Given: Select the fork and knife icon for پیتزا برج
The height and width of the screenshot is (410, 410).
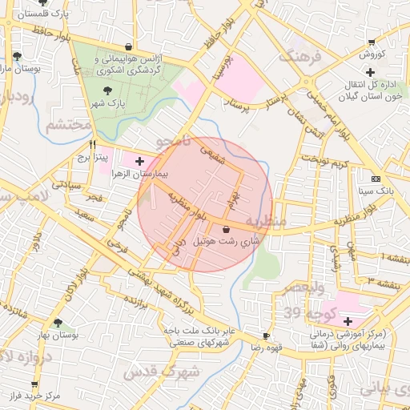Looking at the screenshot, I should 93,145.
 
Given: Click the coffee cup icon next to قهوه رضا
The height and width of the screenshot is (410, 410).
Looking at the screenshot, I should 266,336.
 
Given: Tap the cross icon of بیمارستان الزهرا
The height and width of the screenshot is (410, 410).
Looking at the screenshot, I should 140,161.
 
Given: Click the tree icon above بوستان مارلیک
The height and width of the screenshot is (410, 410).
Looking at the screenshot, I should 17,55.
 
